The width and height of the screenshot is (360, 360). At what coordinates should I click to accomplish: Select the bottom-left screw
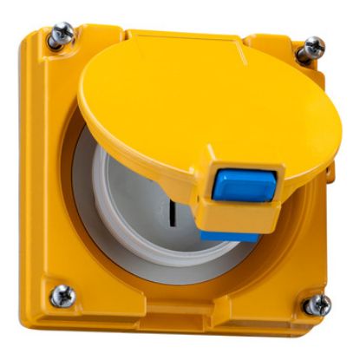[62, 296]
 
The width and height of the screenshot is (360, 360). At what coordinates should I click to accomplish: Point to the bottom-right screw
[317, 304]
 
